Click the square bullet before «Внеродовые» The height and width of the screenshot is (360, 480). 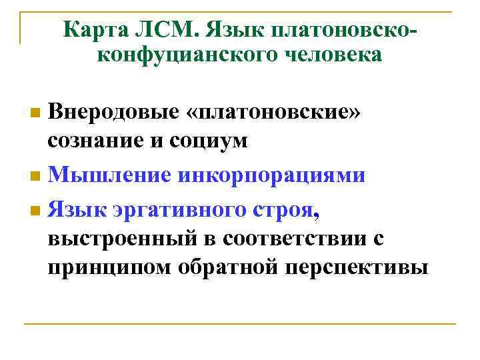click(35, 110)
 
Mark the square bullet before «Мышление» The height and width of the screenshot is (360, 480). click(35, 177)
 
